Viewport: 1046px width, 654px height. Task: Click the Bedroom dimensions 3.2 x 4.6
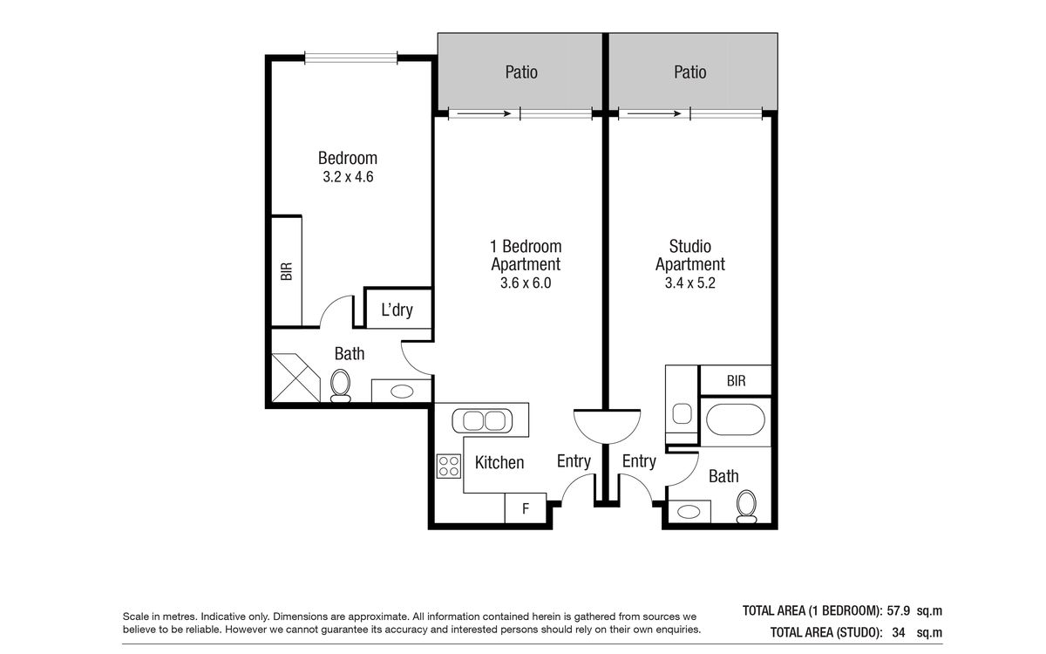tap(348, 176)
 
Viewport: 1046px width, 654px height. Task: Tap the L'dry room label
tap(397, 310)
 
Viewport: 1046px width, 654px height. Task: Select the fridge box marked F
tap(526, 508)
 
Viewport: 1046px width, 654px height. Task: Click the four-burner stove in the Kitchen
tap(449, 467)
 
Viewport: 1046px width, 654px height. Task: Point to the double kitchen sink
tap(482, 420)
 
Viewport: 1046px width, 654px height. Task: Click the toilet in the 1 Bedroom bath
tap(340, 385)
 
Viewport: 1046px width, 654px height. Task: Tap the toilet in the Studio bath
tap(746, 507)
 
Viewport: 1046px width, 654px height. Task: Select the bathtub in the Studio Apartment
tap(736, 420)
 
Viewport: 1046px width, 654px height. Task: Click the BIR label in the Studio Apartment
tap(736, 381)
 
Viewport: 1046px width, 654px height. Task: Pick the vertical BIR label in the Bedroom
tap(286, 271)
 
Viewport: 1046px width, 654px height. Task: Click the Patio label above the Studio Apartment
tap(689, 72)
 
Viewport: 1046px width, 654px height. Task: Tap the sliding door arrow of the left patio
tap(484, 113)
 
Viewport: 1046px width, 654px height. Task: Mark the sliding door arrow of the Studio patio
tap(654, 113)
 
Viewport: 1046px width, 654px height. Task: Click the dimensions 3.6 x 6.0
tap(526, 283)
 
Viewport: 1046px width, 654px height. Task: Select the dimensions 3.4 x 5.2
tap(689, 283)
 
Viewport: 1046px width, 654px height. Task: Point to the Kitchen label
tap(499, 462)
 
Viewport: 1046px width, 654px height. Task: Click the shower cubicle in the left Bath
tap(296, 378)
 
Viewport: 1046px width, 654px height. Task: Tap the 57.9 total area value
tap(899, 610)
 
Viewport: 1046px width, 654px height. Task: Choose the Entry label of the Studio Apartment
tap(639, 461)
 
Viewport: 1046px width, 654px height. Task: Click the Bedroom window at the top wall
tap(350, 58)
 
